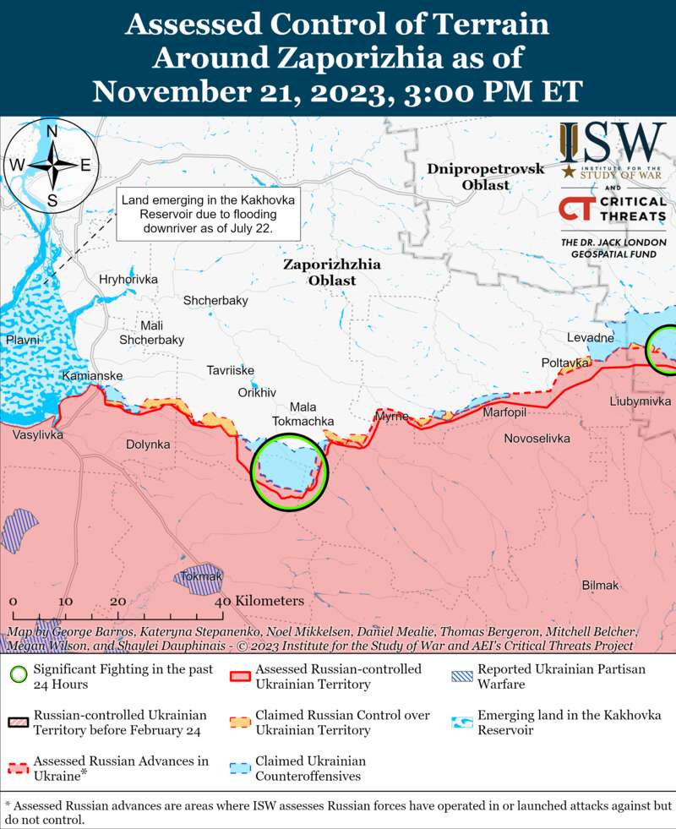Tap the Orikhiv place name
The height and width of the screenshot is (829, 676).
(x=257, y=392)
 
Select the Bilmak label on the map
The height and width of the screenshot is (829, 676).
(x=600, y=585)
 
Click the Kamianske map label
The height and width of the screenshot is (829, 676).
(x=92, y=375)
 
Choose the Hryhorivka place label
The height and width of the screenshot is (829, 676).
(x=128, y=279)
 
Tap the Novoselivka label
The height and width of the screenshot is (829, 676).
(x=537, y=439)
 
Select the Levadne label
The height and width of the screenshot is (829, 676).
(x=590, y=338)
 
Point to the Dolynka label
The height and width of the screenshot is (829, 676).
(x=148, y=444)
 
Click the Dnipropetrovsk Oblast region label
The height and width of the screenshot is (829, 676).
(x=485, y=177)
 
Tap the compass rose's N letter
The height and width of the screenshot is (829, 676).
(x=52, y=132)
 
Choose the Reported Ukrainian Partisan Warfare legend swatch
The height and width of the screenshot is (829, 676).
(x=463, y=676)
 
